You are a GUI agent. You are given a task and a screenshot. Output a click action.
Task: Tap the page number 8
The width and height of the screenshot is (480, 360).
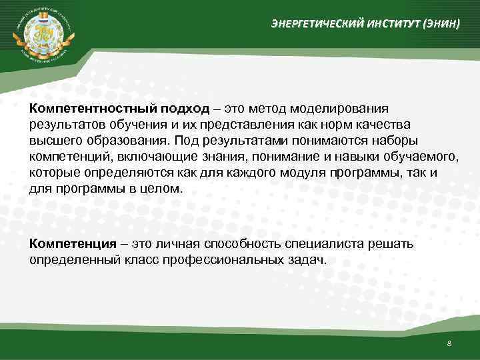[x=449, y=343]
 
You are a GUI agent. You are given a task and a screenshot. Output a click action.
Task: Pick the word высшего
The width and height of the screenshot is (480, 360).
[x=57, y=141]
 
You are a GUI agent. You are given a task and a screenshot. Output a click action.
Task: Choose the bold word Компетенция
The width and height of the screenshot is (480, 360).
[x=69, y=243]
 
